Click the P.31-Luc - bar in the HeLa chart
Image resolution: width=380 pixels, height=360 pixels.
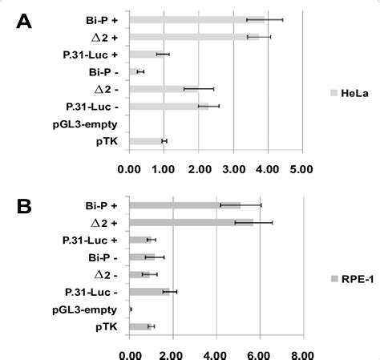point(168,106)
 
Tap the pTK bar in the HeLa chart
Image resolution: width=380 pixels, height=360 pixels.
point(146,141)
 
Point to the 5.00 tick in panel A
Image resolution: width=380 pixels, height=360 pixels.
point(301,169)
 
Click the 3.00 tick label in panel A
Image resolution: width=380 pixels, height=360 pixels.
point(232,169)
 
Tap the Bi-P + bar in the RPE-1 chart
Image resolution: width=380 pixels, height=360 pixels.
point(184,205)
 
